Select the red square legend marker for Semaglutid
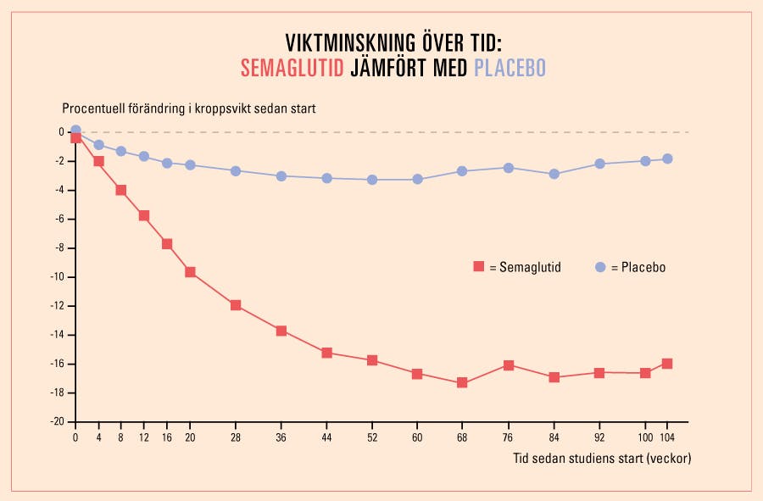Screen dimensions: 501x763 click(x=478, y=267)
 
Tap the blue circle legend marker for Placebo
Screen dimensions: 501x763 click(x=600, y=267)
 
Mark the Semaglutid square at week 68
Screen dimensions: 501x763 click(x=462, y=382)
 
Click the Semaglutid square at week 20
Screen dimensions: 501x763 click(x=190, y=272)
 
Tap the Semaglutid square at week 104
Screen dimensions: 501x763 click(x=667, y=364)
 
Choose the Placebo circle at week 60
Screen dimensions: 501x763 click(x=417, y=179)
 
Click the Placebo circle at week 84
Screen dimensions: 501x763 click(x=554, y=174)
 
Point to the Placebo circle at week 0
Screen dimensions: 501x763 click(x=75, y=131)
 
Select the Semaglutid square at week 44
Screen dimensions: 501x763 click(x=326, y=353)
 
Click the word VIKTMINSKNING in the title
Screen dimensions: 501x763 click(x=352, y=43)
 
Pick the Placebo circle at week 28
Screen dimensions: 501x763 click(x=236, y=170)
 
